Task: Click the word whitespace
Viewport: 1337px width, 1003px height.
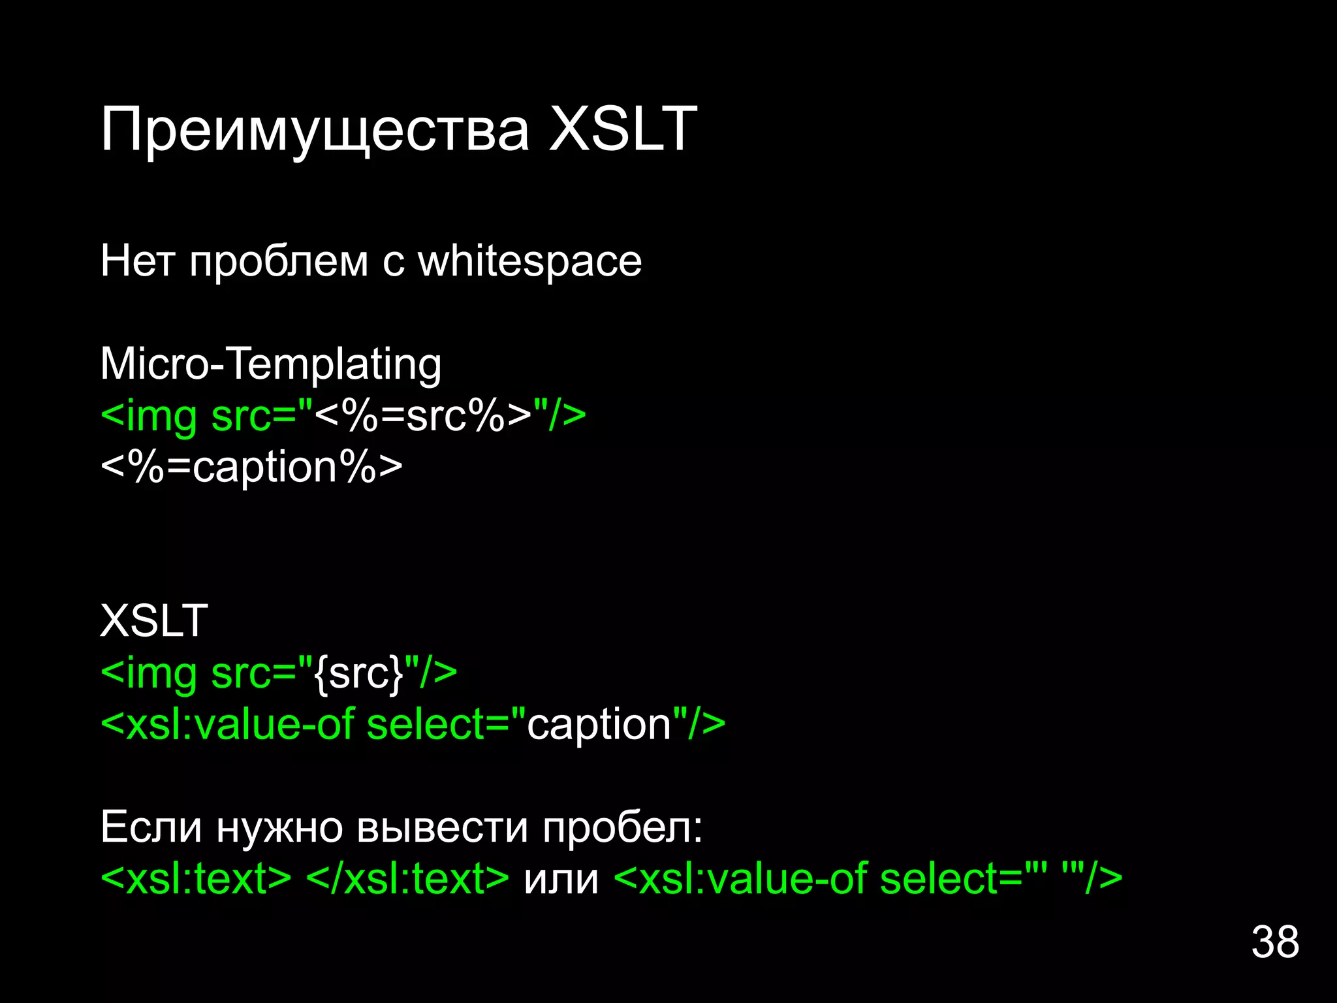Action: coord(529,262)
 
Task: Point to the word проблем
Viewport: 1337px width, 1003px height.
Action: coord(279,262)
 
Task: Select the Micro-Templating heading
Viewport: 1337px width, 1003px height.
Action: coord(271,364)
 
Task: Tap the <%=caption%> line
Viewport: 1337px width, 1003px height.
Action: coord(251,467)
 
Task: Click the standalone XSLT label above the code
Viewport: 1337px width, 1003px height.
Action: coord(154,620)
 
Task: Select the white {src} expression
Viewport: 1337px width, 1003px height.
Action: coord(359,673)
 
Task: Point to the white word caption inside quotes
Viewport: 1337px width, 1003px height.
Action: coord(599,724)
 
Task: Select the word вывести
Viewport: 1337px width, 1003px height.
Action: coord(442,827)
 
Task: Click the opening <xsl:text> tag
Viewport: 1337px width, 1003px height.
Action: coord(196,878)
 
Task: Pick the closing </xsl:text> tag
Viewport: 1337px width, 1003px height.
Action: coord(407,878)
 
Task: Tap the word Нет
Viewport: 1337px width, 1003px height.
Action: coord(138,262)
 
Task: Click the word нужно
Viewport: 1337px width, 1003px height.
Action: coord(279,827)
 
